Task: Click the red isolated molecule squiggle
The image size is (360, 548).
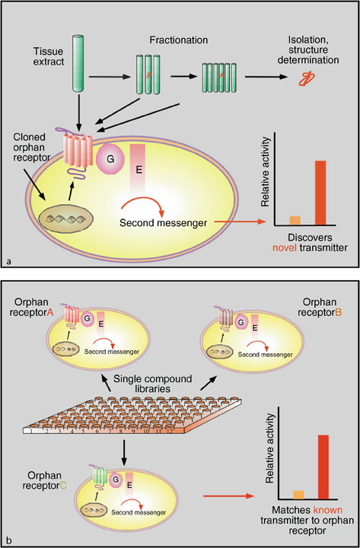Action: (307, 77)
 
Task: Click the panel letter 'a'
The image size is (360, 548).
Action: (9, 261)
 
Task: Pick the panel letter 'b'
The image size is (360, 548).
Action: (9, 540)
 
